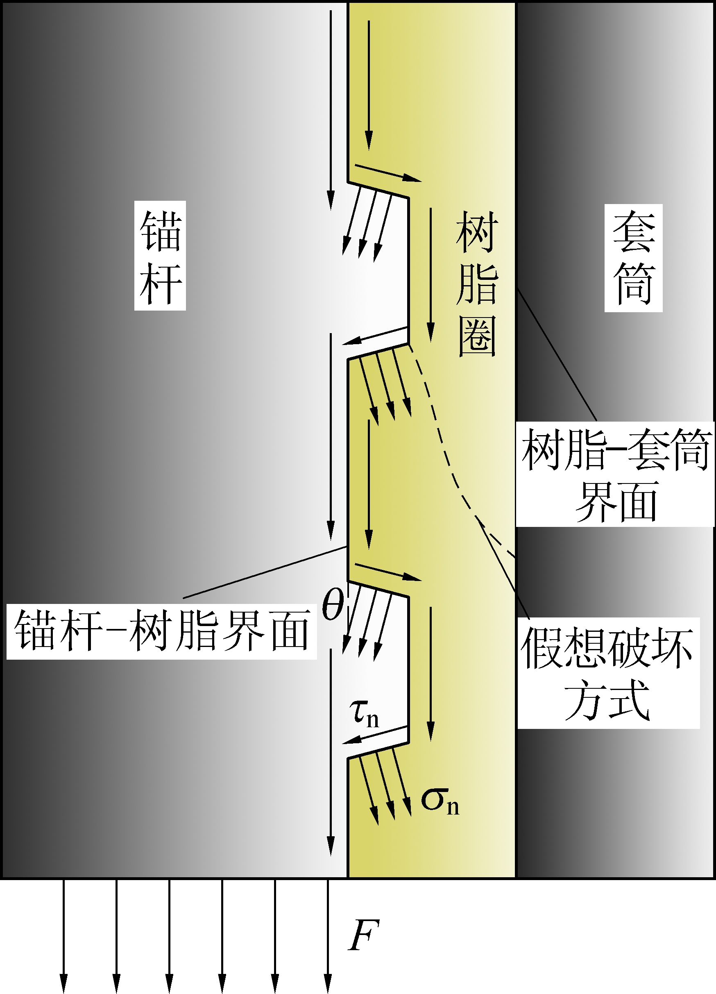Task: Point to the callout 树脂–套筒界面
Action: tap(615, 474)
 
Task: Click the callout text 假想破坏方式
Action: tap(608, 673)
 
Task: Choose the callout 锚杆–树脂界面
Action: tap(161, 631)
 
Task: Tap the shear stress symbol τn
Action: tap(364, 713)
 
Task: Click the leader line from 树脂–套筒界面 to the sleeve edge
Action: tap(557, 355)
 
